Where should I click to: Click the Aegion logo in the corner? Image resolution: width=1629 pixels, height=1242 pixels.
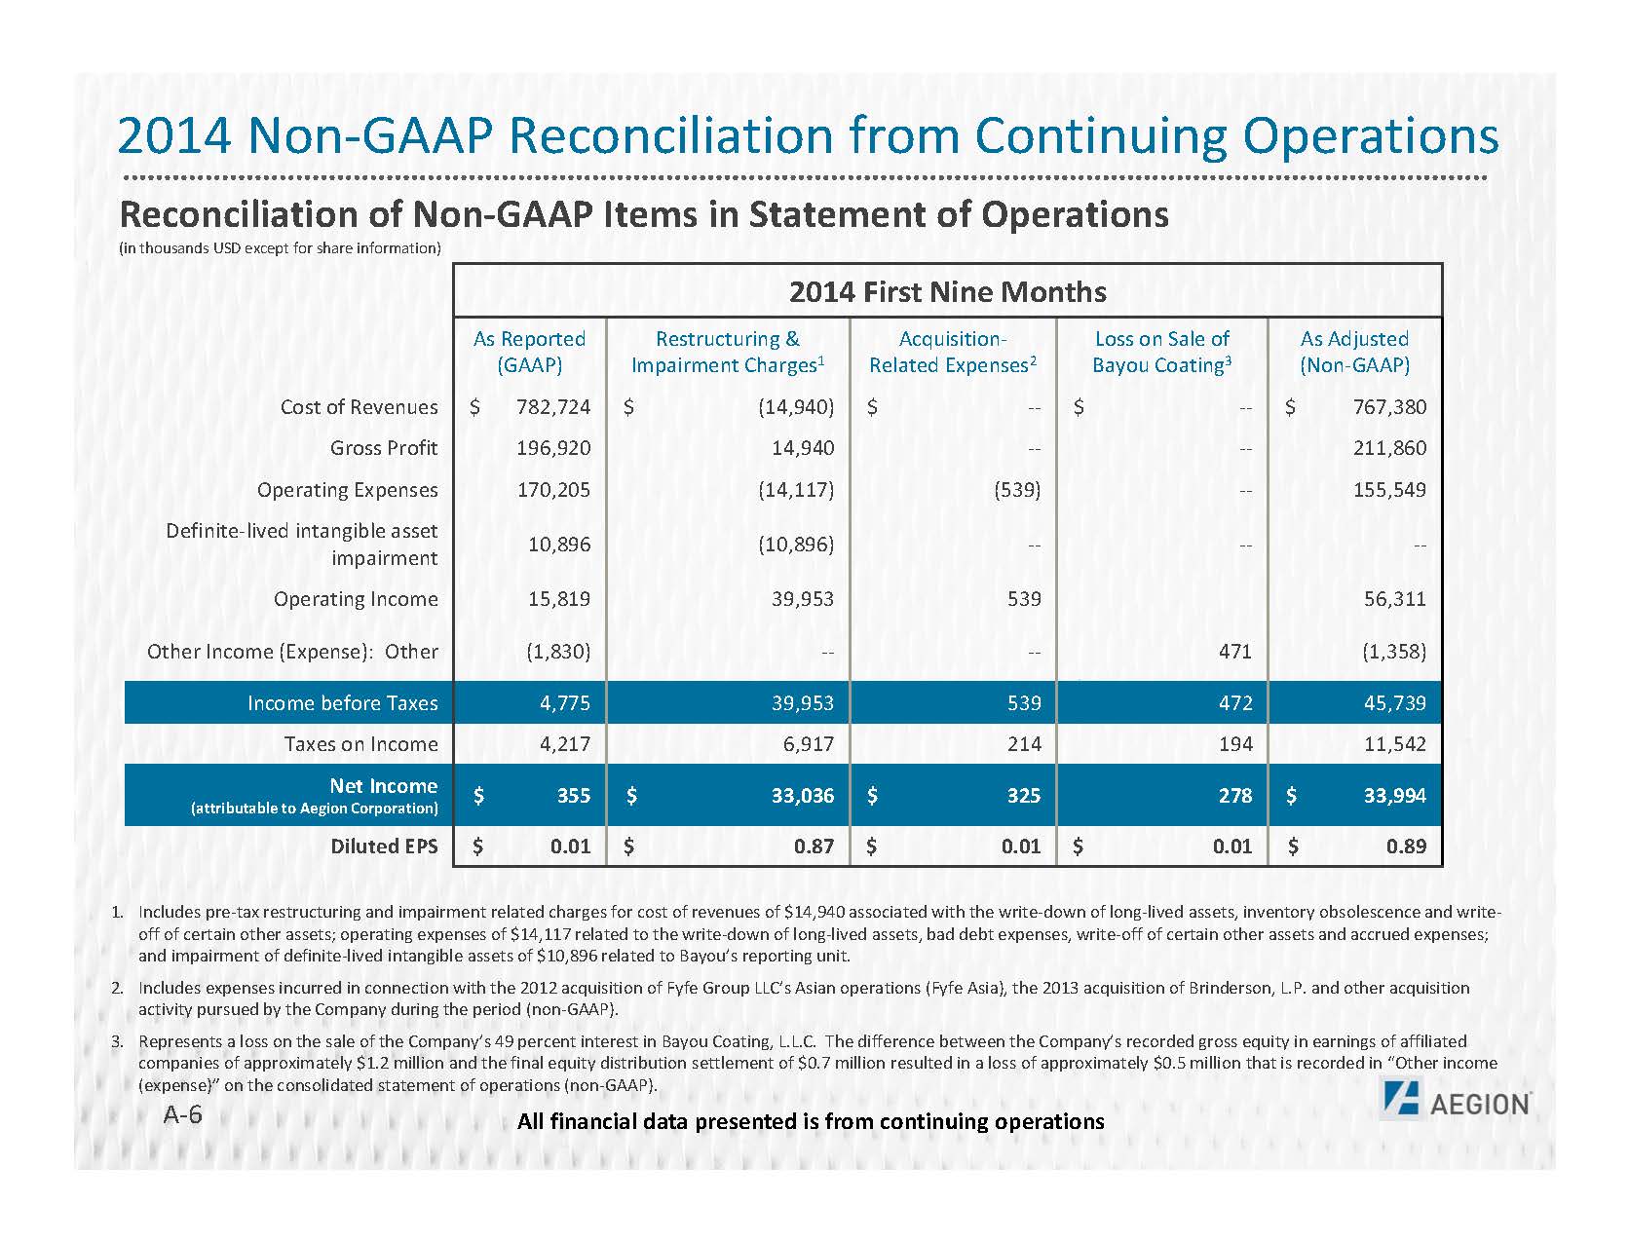[1456, 1104]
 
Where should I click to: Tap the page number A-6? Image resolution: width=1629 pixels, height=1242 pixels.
[183, 1114]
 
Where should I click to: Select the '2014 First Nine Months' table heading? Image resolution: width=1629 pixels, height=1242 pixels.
[947, 291]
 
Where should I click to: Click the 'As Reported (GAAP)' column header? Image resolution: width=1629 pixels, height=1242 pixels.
[529, 352]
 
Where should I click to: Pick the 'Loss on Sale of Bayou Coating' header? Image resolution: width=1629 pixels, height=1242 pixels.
[1161, 352]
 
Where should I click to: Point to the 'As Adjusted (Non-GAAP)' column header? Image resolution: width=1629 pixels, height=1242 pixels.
[1354, 352]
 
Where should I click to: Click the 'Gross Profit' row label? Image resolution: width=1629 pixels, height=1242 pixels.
[384, 448]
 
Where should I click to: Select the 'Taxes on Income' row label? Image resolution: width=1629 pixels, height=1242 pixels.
[360, 744]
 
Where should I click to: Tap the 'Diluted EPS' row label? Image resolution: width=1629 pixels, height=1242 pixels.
[384, 846]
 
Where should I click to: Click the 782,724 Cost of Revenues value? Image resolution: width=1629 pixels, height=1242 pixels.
[553, 407]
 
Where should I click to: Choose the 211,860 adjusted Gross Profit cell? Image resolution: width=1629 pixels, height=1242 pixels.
[1389, 448]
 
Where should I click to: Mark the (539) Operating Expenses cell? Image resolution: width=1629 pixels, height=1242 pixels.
[1017, 489]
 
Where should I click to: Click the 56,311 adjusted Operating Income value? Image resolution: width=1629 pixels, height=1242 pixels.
[1395, 599]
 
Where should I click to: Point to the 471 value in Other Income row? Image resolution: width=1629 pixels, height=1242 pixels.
[1234, 651]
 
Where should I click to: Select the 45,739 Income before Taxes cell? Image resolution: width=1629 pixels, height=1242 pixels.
[1395, 703]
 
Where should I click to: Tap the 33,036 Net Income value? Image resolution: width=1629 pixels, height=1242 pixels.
[803, 796]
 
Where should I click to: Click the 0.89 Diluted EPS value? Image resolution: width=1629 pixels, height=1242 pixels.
[1406, 846]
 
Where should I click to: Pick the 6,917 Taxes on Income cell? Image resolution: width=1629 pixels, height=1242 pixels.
[809, 744]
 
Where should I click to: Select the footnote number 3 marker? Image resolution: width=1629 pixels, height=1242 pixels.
[116, 1041]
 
